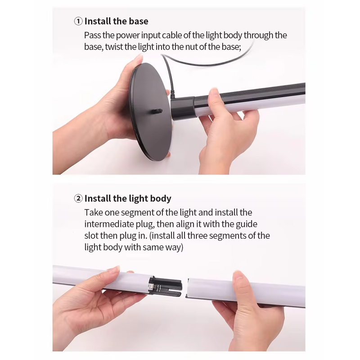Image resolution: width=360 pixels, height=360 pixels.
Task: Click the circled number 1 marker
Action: (x=78, y=21)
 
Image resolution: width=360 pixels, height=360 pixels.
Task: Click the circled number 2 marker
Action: (x=78, y=198)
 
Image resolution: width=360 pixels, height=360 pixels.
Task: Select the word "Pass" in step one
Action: (x=92, y=36)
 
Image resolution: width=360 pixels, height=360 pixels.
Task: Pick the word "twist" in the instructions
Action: (x=114, y=47)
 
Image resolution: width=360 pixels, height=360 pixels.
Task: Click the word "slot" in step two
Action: (x=92, y=235)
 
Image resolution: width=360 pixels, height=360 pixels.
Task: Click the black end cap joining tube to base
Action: (x=183, y=108)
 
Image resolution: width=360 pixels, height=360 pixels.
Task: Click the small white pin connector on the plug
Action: (x=155, y=286)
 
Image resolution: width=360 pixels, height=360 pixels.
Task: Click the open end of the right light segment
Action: (x=187, y=288)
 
